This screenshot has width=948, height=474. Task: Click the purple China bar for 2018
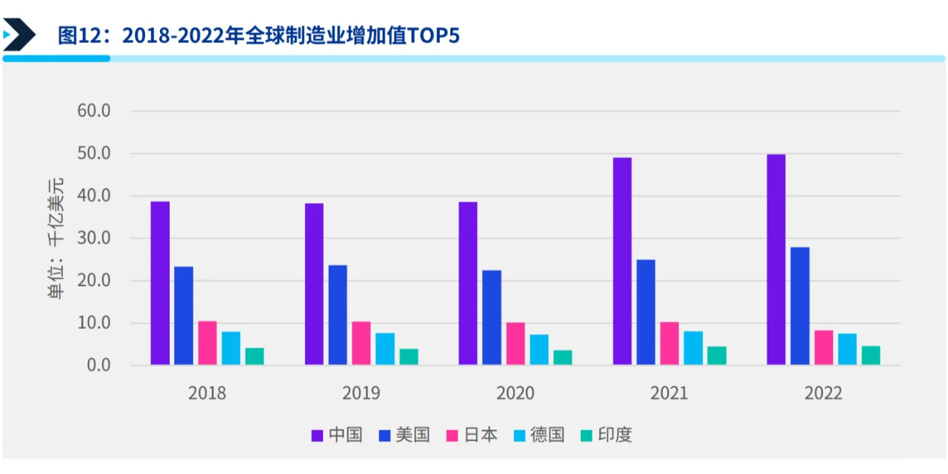pos(160,283)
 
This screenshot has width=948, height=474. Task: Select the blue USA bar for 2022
pos(800,306)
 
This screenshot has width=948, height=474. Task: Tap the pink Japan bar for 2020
pos(515,344)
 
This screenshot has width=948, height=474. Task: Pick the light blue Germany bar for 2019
pos(385,349)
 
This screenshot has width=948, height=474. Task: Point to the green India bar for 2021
pos(717,355)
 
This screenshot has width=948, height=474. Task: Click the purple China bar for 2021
pos(622,261)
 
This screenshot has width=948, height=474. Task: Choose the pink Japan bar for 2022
pos(824,347)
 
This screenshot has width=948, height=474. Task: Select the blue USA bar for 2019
pos(338,315)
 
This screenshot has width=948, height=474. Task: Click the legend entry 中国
pos(337,435)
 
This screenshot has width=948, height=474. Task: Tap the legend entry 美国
pos(404,435)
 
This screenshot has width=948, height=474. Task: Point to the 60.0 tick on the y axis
pos(94,111)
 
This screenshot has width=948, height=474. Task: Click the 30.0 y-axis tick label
pos(94,238)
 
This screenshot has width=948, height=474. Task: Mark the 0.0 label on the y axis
pos(98,365)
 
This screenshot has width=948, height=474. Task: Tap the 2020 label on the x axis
pos(515,393)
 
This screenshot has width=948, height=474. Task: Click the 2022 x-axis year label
pos(824,393)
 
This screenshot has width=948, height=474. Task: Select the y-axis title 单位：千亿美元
pos(57,238)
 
